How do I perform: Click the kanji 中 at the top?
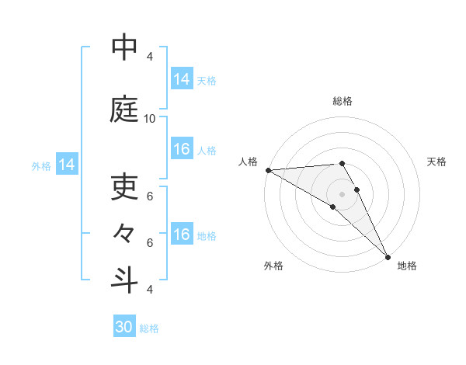click(x=124, y=48)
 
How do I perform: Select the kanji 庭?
click(x=124, y=109)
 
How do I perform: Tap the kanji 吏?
click(x=124, y=186)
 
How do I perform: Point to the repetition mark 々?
click(x=124, y=232)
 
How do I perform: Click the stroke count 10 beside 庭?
click(x=150, y=118)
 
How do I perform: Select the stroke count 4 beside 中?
click(x=150, y=57)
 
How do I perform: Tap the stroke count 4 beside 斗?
click(x=150, y=289)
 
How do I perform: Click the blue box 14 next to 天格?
click(x=182, y=79)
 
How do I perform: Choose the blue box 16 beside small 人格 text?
click(x=182, y=149)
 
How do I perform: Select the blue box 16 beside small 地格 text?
click(x=182, y=235)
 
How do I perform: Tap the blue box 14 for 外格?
click(x=67, y=165)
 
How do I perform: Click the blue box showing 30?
click(x=124, y=327)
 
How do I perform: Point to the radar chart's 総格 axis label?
click(x=343, y=101)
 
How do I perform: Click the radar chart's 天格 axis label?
click(x=437, y=162)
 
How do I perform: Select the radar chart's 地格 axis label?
click(x=407, y=266)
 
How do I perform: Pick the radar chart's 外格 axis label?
click(x=273, y=266)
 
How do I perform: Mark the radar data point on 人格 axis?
click(x=268, y=170)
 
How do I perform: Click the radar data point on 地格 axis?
click(x=388, y=255)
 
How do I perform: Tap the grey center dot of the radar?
click(x=342, y=193)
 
